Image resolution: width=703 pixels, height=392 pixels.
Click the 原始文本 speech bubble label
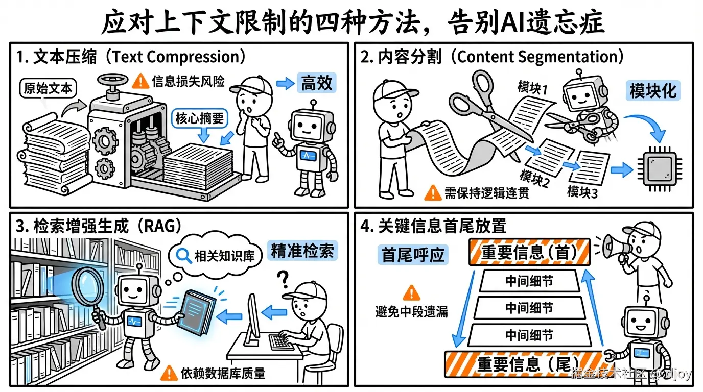coord(48,88)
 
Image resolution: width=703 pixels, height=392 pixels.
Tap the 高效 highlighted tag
coord(317,83)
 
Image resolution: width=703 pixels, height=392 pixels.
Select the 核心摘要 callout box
coord(199,119)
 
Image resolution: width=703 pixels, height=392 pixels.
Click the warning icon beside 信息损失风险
coord(140,81)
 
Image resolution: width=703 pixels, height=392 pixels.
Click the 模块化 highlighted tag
coord(652,91)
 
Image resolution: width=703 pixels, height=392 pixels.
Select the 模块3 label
coord(582,192)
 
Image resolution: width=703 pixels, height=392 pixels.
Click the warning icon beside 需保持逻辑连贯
coord(433,192)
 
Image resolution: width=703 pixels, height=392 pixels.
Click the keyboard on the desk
coord(282,341)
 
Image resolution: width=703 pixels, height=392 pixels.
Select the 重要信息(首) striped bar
coord(529,252)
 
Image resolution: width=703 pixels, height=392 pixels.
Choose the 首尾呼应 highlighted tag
coord(413,254)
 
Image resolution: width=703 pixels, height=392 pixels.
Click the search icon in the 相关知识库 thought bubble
coord(183,254)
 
